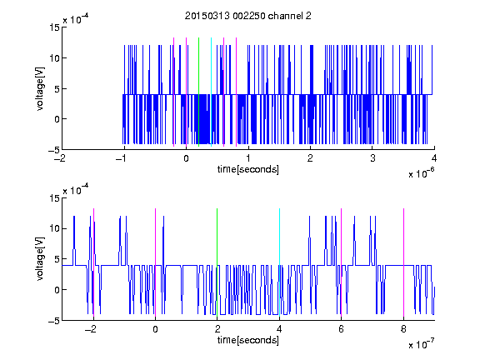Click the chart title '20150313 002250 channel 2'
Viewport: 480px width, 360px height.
(248, 16)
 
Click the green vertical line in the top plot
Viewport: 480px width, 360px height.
(198, 92)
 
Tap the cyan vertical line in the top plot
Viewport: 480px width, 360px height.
(211, 92)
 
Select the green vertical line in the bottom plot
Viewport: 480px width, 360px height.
(217, 262)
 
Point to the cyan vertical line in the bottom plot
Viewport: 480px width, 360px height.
(279, 262)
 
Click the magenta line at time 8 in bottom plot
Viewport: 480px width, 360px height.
(404, 262)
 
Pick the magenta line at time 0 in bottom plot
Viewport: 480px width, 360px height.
(155, 262)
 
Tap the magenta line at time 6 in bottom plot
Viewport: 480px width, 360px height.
(342, 262)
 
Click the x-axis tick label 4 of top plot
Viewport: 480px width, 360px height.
(434, 158)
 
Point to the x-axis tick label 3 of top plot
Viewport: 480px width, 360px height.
(372, 158)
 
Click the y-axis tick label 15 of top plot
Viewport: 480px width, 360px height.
(54, 27)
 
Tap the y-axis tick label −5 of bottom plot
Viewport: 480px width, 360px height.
(54, 321)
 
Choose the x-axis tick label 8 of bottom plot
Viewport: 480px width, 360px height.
(403, 329)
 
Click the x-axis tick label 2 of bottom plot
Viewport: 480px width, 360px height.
(217, 329)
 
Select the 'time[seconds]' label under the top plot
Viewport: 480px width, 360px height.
(248, 169)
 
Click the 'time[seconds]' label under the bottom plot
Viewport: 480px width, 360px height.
(248, 340)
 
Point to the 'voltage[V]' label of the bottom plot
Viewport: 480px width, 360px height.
(40, 259)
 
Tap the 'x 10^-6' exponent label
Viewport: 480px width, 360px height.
(422, 173)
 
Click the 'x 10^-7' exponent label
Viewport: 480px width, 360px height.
(422, 344)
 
